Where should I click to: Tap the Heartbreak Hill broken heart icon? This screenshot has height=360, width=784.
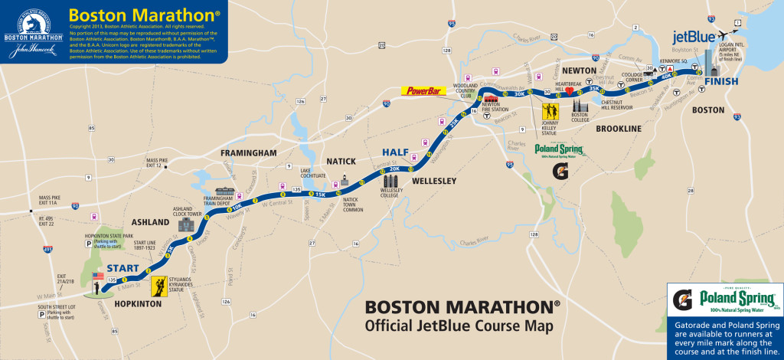pyautogui.click(x=569, y=90)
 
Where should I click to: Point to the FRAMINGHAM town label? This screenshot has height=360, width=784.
pyautogui.click(x=248, y=153)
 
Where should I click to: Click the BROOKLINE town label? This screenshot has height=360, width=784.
pyautogui.click(x=618, y=129)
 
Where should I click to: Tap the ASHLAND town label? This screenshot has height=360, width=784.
pyautogui.click(x=150, y=222)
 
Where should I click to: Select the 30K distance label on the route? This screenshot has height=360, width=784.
pyautogui.click(x=520, y=95)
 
